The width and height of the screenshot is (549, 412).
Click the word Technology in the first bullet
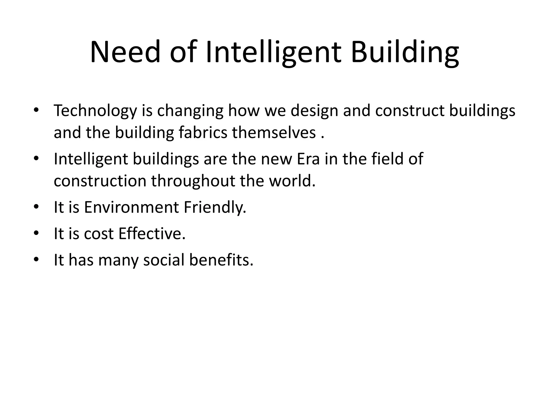(x=95, y=111)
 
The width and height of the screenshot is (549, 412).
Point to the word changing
(x=190, y=111)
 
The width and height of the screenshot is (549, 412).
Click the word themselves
(x=274, y=133)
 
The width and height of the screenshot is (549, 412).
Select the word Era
(x=308, y=159)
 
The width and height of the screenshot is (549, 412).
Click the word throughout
(x=193, y=181)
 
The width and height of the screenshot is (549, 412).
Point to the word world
(x=292, y=181)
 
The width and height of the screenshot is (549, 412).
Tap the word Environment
(x=131, y=207)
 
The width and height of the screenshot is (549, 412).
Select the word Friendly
(x=215, y=207)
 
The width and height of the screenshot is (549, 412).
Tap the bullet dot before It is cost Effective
(x=36, y=233)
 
